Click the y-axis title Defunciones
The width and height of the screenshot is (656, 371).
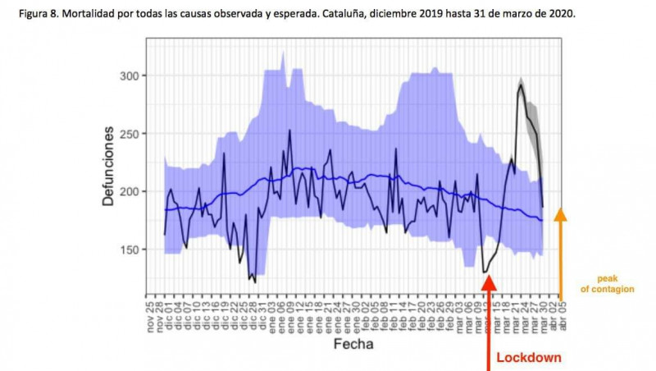[x=108, y=168]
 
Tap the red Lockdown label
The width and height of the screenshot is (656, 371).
[x=529, y=359]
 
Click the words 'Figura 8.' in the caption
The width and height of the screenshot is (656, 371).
[x=30, y=15]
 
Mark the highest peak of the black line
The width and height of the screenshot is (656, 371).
[x=521, y=85]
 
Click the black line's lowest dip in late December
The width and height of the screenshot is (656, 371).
[x=255, y=282]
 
